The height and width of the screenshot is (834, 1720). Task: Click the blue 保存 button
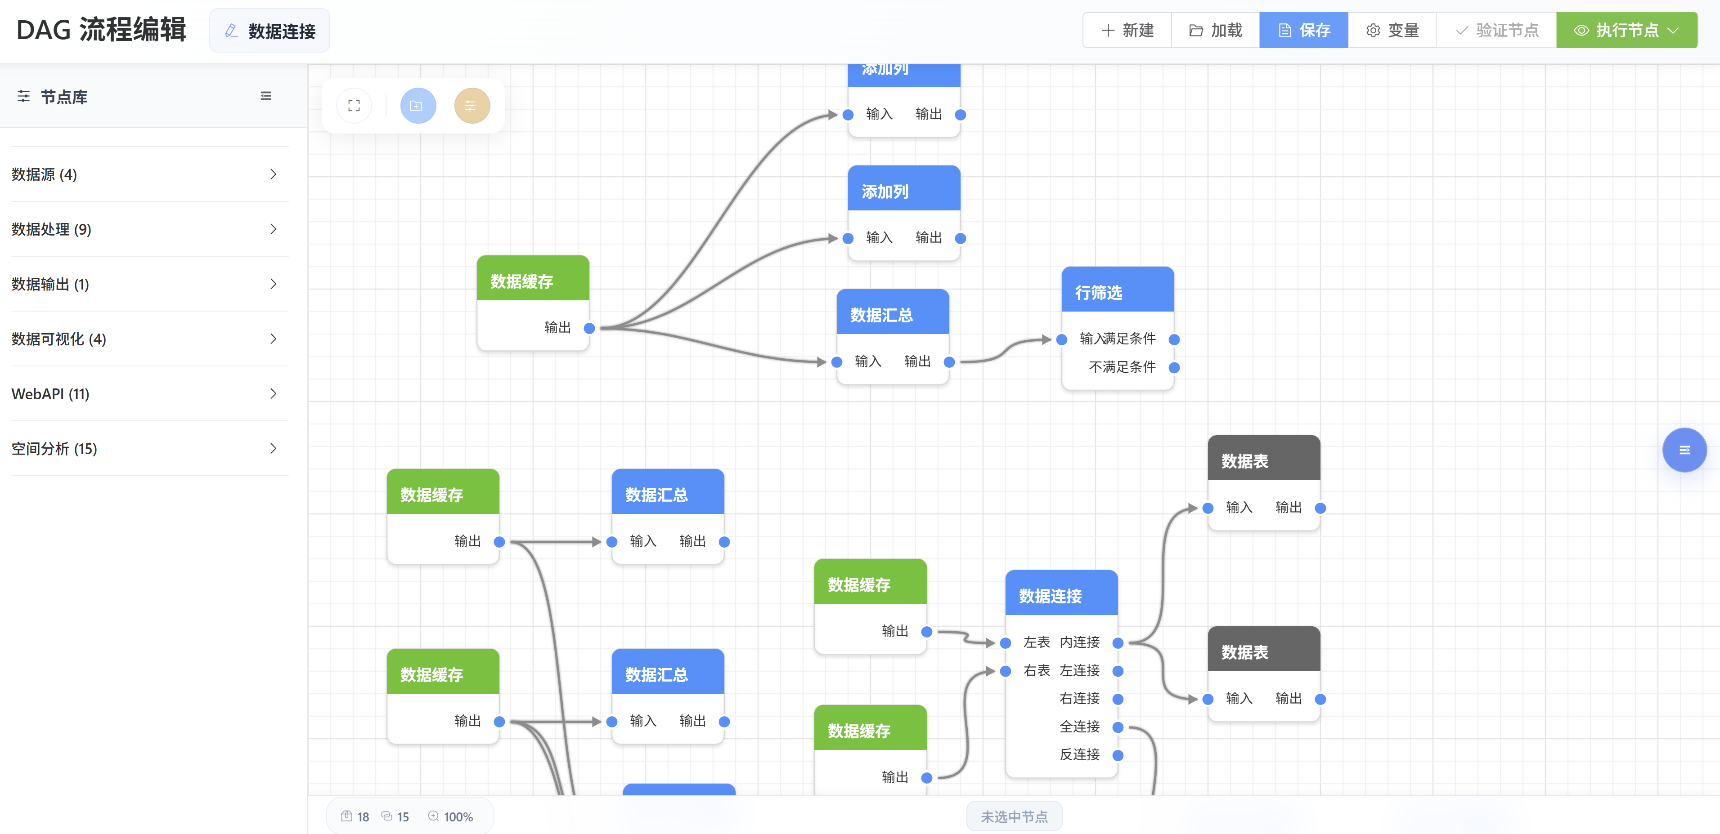click(1303, 31)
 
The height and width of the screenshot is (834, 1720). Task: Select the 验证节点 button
click(1496, 31)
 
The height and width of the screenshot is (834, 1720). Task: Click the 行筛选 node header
click(1117, 292)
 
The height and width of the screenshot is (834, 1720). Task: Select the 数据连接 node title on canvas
click(1061, 595)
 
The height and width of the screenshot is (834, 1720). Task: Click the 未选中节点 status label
click(1014, 816)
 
